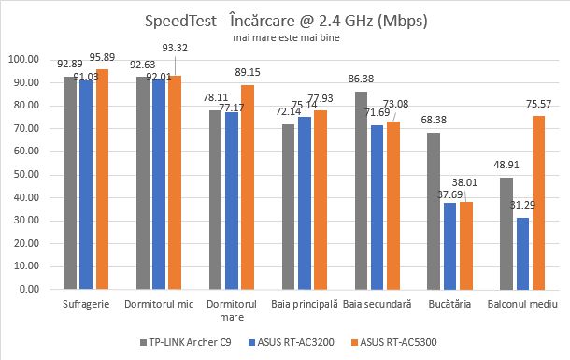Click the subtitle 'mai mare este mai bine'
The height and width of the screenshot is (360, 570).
tap(285, 38)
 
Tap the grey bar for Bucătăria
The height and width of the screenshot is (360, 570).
tap(433, 210)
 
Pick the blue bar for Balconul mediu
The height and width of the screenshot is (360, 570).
tap(522, 253)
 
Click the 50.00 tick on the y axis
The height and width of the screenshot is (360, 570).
tap(30, 174)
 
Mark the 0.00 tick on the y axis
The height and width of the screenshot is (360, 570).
tap(33, 289)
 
